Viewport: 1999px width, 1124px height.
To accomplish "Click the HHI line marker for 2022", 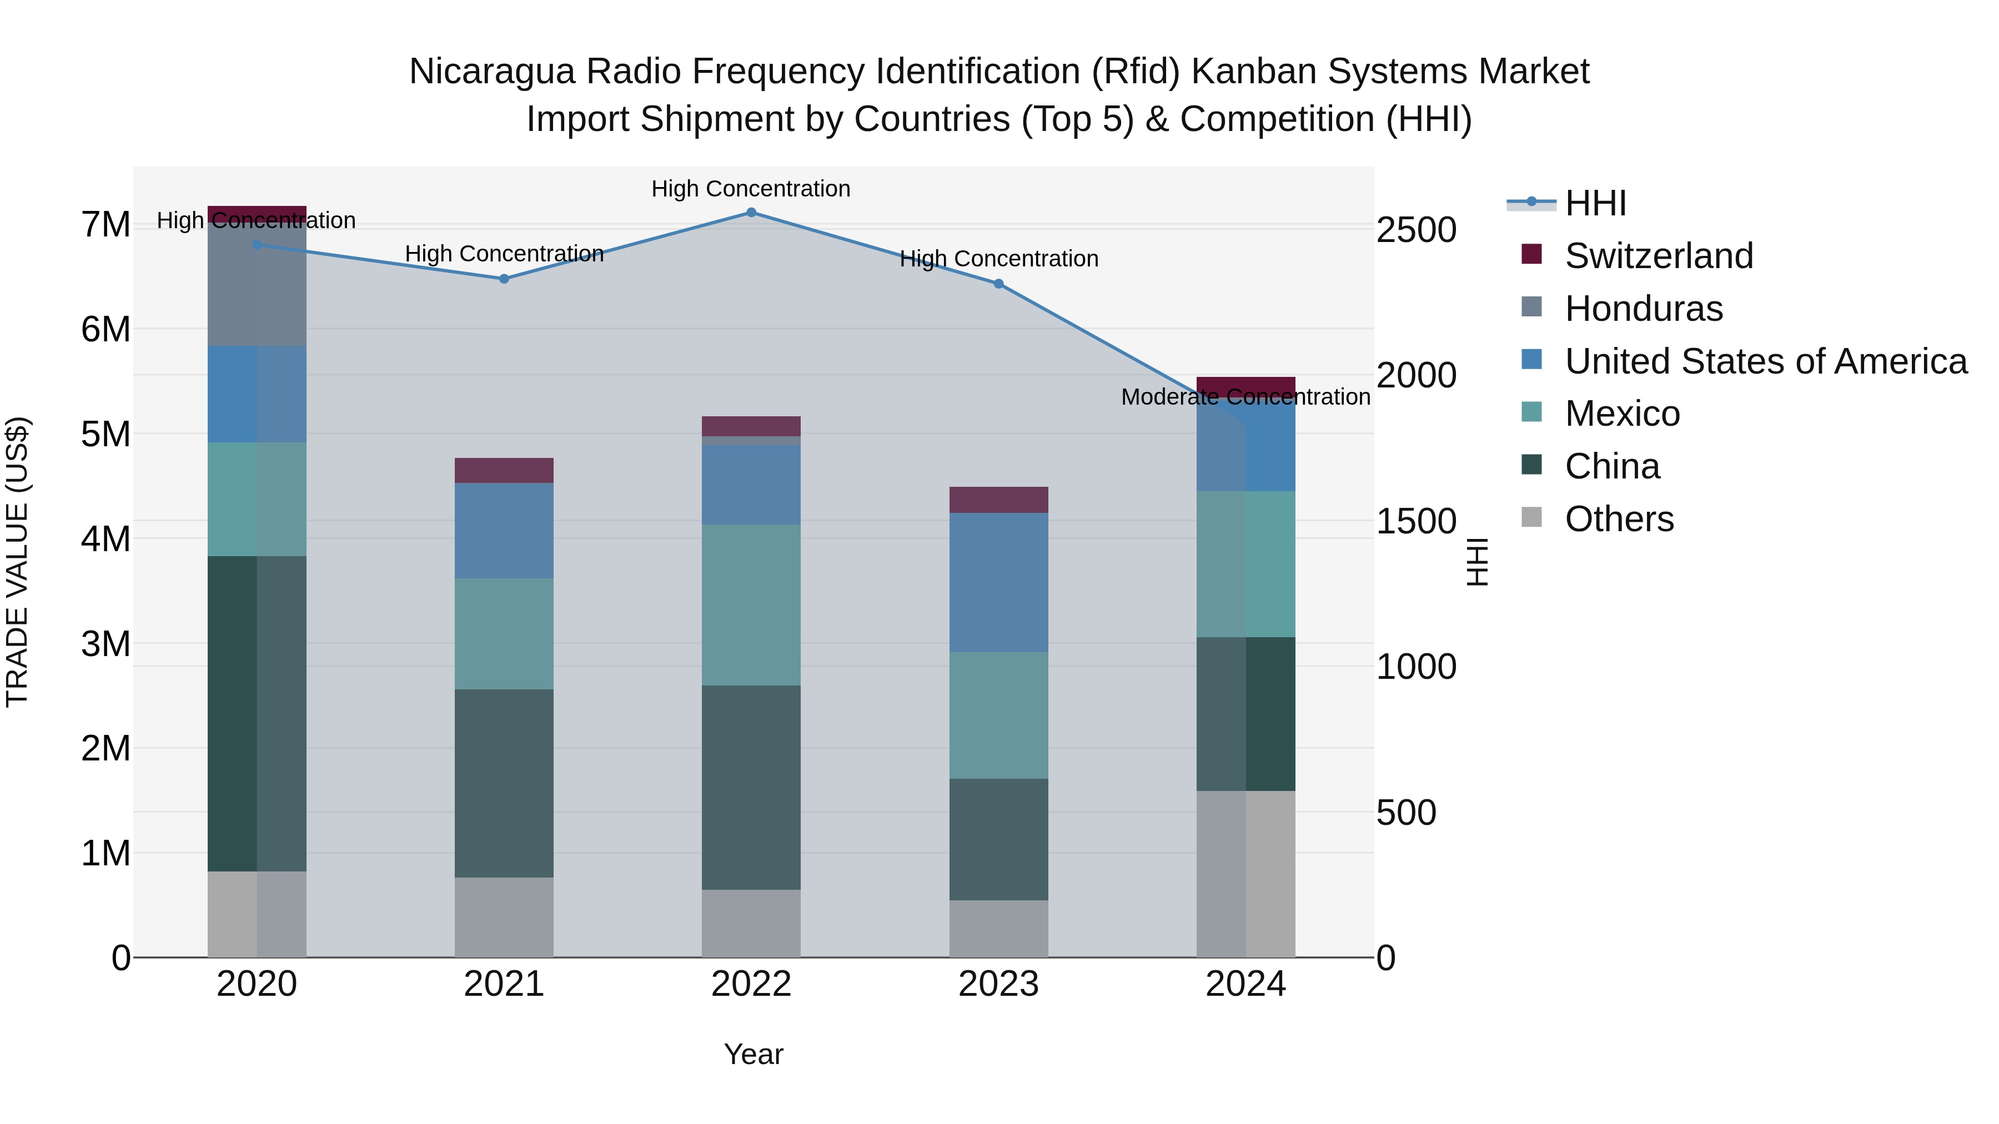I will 751,213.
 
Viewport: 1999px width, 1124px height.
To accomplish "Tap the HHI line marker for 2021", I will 504,279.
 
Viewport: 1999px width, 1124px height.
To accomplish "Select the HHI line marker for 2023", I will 999,284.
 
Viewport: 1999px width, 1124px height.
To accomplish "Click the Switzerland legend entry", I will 1658,256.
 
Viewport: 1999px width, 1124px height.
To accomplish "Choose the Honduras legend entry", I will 1643,309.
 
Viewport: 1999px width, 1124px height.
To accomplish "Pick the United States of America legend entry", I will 1765,361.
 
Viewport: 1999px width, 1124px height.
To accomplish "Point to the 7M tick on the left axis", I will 106,225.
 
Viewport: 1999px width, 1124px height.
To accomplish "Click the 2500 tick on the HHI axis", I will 1416,230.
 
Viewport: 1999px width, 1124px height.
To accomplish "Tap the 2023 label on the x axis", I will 999,984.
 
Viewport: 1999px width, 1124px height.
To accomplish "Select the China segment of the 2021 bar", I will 504,783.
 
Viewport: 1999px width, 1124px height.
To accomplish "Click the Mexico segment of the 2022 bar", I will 751,605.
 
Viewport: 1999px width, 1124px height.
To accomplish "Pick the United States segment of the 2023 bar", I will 999,583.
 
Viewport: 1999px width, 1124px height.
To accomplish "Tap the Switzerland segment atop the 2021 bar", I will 504,471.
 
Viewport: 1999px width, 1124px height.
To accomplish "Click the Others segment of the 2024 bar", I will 1245,874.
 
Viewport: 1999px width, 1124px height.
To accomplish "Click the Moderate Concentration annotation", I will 1245,397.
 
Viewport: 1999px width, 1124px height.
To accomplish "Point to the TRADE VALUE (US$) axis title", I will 17,562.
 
